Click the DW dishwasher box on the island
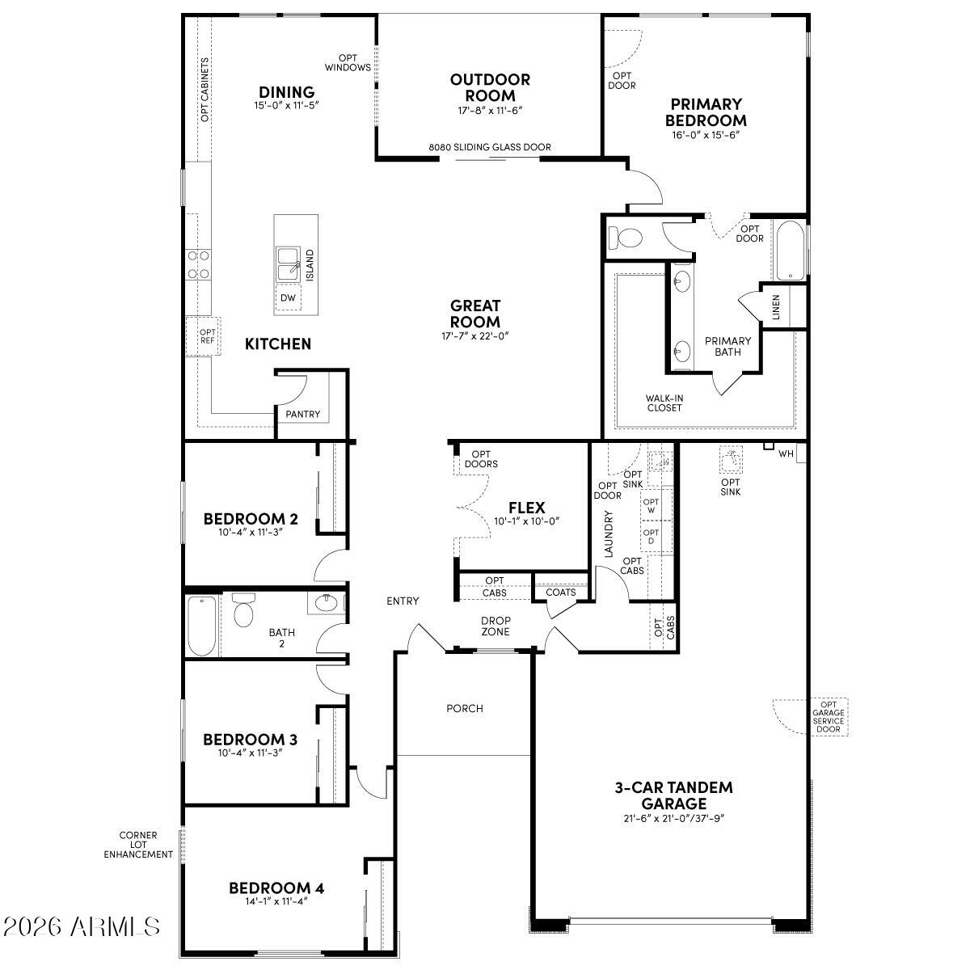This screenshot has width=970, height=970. coord(288,298)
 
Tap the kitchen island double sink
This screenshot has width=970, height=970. coord(287,263)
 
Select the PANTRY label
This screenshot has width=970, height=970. coord(303,415)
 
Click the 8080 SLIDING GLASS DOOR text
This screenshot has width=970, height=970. coord(490,147)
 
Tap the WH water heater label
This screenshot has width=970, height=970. coord(786,454)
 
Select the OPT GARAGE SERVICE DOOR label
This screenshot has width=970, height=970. coord(829,717)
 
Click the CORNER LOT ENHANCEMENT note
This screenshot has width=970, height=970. coord(138,845)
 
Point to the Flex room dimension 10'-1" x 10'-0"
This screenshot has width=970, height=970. coord(526,521)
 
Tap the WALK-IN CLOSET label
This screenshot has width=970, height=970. coord(664,403)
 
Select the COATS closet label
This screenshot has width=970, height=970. coord(561,593)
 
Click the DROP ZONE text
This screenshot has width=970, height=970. coord(496,626)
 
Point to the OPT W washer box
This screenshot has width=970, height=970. coord(651,506)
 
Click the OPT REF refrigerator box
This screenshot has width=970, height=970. coord(208,336)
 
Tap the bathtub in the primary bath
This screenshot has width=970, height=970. coord(788,250)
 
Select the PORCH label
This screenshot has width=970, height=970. coord(465,708)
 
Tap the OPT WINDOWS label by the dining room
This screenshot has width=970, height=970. coord(348,63)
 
